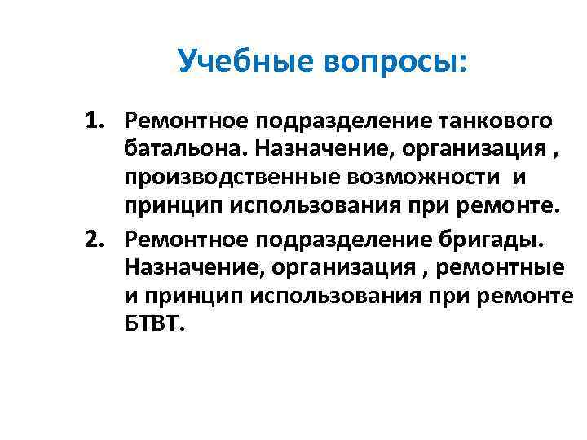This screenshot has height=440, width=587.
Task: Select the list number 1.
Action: coord(97,121)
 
